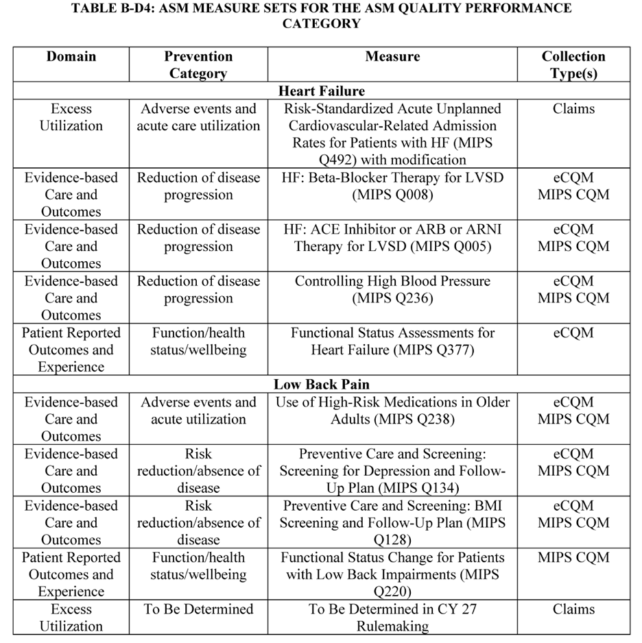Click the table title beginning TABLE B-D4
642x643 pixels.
coord(321,16)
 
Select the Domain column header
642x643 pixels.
coord(71,57)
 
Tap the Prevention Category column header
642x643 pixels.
coord(198,65)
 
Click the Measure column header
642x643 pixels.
coord(392,57)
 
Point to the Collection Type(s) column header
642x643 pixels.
coord(573,65)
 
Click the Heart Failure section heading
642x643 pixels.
coord(321,91)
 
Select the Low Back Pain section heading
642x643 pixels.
coord(321,385)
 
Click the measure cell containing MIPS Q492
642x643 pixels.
coord(392,134)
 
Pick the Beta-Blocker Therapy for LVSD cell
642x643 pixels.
coord(392,186)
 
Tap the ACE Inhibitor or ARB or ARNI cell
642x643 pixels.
coord(392,237)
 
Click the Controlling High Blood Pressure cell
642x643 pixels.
coord(392,289)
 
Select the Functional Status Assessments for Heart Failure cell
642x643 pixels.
coord(392,341)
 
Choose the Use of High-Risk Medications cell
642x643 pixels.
coord(392,410)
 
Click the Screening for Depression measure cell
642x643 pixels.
coord(392,471)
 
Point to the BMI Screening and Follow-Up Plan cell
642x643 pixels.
coord(392,522)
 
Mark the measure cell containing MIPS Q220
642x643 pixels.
coord(392,574)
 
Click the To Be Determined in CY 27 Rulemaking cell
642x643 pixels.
coord(392,617)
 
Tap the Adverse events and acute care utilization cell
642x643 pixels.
coord(198,117)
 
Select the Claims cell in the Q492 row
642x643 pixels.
coord(573,109)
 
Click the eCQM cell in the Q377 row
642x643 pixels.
coord(573,333)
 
